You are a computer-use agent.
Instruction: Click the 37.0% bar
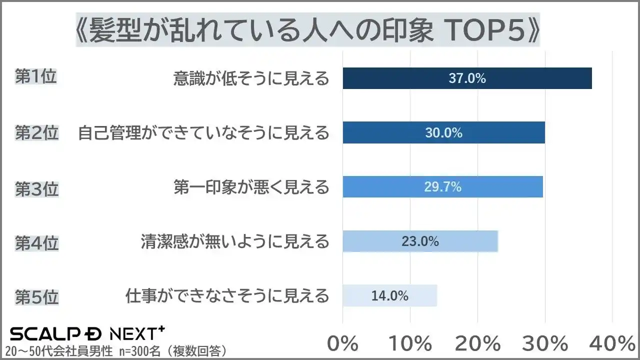(x=467, y=78)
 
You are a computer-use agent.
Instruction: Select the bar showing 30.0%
(x=443, y=133)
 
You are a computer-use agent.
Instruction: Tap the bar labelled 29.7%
(x=442, y=187)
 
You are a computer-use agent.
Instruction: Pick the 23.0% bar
(x=420, y=241)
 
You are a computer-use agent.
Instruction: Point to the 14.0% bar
(x=389, y=295)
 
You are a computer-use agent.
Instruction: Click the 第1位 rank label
(x=36, y=78)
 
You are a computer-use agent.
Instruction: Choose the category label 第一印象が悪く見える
(x=251, y=187)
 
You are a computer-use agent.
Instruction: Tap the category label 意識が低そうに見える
(x=251, y=78)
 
